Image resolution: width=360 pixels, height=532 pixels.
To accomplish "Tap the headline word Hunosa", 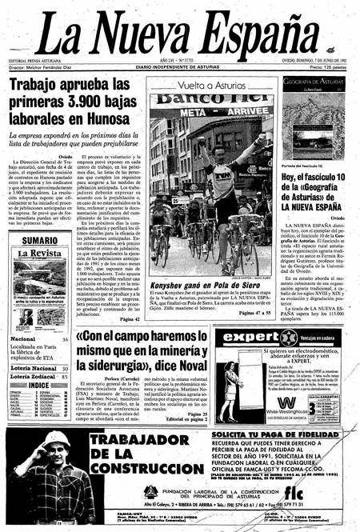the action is pyautogui.click(x=101, y=120).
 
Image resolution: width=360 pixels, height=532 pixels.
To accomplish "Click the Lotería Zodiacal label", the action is pyautogui.click(x=34, y=375).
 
